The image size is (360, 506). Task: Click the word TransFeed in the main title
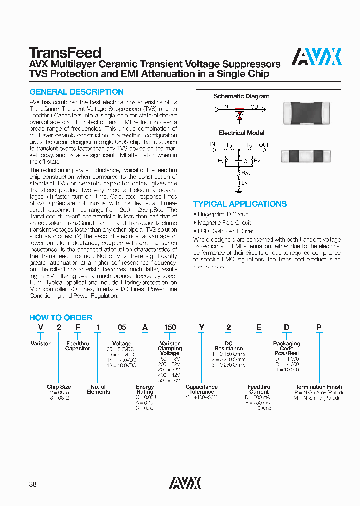[65, 53]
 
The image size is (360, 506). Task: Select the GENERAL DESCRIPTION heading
[77, 92]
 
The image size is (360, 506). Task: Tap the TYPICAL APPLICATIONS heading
[240, 204]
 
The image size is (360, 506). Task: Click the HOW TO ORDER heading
[61, 317]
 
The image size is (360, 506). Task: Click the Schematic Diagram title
[241, 96]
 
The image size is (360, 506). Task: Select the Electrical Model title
[241, 133]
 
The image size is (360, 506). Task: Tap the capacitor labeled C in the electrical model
[241, 161]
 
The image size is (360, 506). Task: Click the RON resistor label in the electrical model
[246, 173]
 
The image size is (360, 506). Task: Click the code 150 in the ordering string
[170, 327]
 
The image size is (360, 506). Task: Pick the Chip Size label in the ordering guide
[59, 387]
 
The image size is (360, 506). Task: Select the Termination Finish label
[319, 387]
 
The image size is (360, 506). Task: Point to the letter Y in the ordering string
[202, 327]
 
